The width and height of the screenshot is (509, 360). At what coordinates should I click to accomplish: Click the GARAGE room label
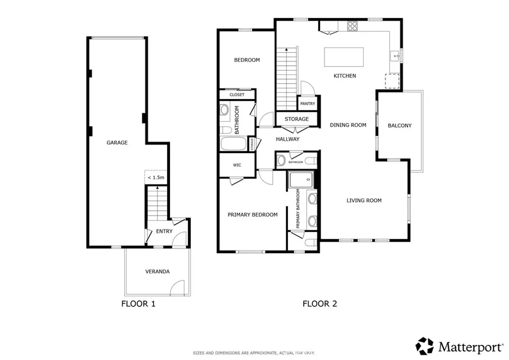tap(117, 143)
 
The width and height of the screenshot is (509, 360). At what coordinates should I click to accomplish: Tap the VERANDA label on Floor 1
tap(157, 271)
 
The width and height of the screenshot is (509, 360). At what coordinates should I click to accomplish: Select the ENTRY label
tap(164, 231)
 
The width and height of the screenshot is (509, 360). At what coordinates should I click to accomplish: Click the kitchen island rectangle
tap(343, 57)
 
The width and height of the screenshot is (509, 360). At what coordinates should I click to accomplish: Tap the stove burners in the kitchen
tap(352, 25)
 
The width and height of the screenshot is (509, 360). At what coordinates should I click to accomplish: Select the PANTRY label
tap(307, 104)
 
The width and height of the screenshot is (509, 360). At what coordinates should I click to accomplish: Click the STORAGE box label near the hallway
tap(296, 119)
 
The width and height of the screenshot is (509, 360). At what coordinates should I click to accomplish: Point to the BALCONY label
tap(399, 125)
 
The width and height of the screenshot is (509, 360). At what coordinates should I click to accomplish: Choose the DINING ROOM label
tap(348, 125)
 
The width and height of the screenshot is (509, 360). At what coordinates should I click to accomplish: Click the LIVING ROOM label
tap(364, 200)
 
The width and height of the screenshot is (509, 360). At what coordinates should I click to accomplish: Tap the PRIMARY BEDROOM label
tap(253, 215)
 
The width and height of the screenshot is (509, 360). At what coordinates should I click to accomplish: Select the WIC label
tap(237, 165)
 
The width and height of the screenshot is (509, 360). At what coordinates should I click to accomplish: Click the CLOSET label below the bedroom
tap(237, 94)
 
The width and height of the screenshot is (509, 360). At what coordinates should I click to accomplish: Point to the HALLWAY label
tap(287, 139)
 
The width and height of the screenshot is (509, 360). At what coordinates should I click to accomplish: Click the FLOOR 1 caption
tap(138, 303)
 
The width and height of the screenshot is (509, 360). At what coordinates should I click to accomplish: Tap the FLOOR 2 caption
tap(320, 303)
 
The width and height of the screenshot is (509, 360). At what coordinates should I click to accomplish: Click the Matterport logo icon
tap(425, 346)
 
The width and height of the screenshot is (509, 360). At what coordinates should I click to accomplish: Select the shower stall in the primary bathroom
tap(301, 180)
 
